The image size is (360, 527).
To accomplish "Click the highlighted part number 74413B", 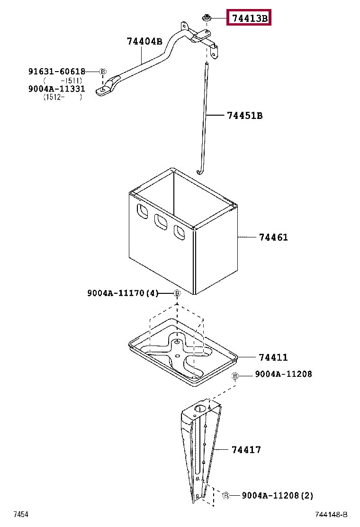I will coord(249,18).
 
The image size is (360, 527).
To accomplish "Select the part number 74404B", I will coord(144,41).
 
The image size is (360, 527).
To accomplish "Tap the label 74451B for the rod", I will coord(244,115).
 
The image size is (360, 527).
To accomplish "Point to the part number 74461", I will coord(273,237).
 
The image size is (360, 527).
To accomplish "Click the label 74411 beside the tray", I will coord(273,357).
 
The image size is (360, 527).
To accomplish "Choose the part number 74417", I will coord(246,450).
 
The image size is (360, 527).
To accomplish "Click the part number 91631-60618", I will coord(56,72).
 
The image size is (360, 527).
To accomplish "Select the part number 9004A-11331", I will coord(56,89).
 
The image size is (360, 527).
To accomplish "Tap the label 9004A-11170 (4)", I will coord(122,293).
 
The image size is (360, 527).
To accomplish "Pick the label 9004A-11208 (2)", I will coord(277,496).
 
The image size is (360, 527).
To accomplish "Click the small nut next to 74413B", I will coord(207,18).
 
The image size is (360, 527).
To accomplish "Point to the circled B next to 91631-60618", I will coord(103,72).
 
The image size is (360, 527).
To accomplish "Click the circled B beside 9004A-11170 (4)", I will coord(177,294).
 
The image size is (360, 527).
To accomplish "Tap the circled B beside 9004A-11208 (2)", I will coord(226,495).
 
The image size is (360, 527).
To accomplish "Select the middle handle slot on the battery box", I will coord(161,221).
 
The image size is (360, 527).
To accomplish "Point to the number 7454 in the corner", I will coord(21,515).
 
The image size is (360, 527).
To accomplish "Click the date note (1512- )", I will coord(62,97).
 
